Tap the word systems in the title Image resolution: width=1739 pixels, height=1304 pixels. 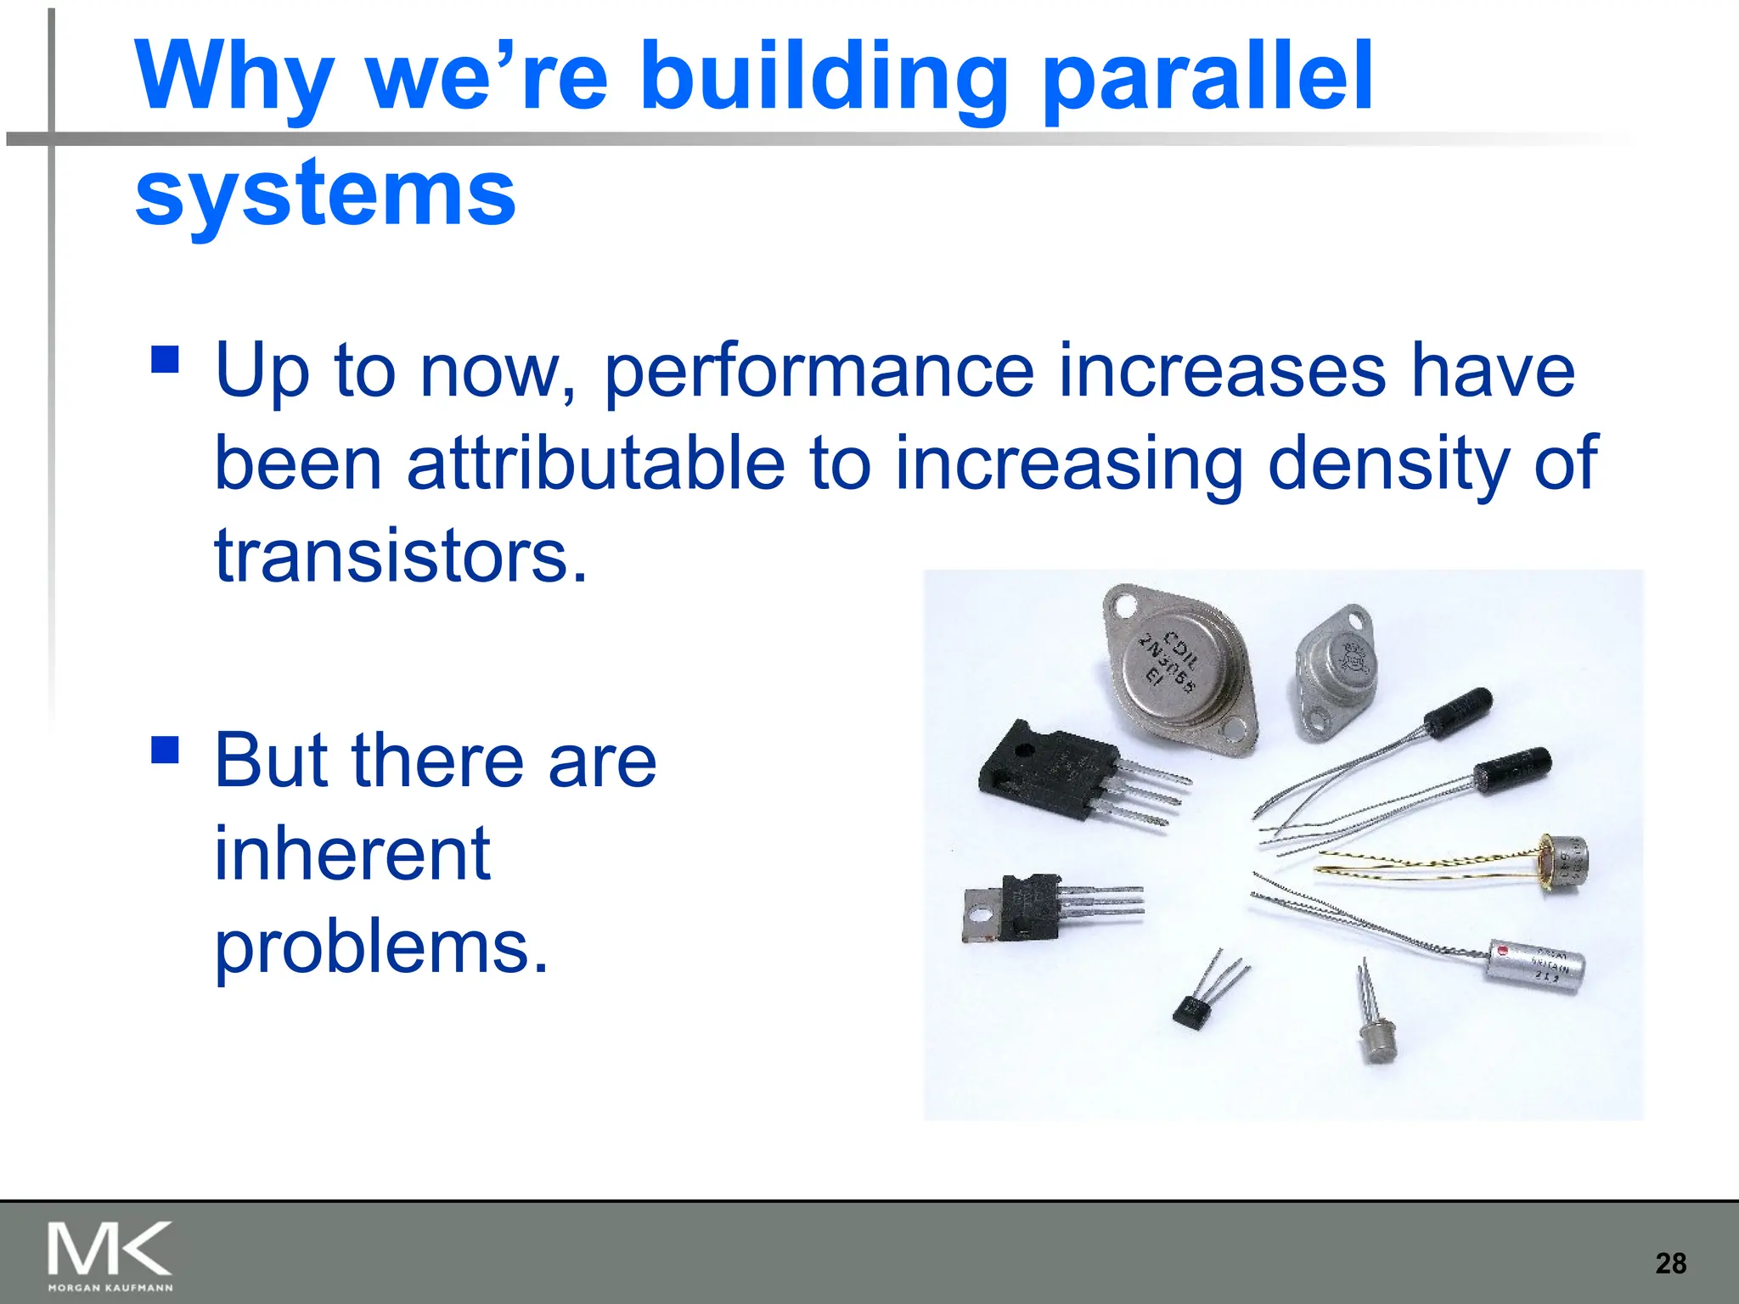(x=325, y=194)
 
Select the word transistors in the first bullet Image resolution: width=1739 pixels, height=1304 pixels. (x=400, y=556)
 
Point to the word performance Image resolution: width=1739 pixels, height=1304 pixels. (x=819, y=370)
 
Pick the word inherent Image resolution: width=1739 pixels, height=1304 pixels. (x=352, y=853)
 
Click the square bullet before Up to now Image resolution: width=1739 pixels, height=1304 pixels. (x=165, y=359)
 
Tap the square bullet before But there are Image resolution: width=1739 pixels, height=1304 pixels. (x=165, y=750)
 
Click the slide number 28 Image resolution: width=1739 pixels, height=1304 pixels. (x=1670, y=1263)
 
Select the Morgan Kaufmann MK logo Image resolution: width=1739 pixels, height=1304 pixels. (x=110, y=1254)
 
